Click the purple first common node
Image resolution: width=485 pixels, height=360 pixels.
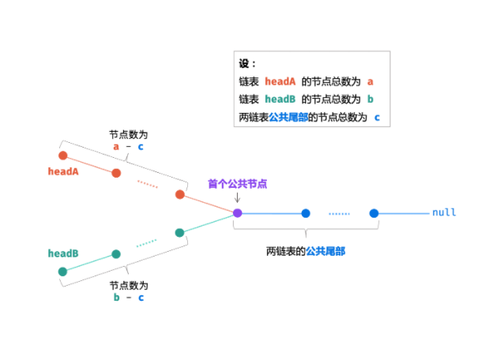pos(237,213)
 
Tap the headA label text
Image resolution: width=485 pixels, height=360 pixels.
pos(63,171)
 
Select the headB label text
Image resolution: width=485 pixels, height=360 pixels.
pos(63,253)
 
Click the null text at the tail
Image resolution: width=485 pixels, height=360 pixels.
pos(444,213)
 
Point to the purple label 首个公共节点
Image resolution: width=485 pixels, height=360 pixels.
pos(237,183)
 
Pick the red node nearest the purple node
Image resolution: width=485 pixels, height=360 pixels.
pos(180,194)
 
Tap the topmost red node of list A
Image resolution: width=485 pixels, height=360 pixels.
pos(63,156)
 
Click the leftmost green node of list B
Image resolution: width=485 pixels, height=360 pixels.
pos(63,272)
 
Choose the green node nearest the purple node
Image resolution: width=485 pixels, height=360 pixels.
pos(180,232)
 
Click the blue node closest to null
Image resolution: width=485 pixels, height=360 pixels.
pos(374,213)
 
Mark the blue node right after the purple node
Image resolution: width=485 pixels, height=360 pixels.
pos(305,213)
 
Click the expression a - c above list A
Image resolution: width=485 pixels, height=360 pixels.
pos(129,146)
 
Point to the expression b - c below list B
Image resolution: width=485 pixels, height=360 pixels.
pos(129,298)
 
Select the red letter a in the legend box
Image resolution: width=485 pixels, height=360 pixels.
pos(370,81)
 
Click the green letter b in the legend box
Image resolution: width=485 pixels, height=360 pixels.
pos(370,99)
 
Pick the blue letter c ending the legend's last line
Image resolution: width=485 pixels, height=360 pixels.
pos(378,118)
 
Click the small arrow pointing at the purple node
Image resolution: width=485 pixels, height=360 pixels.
pos(237,198)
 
